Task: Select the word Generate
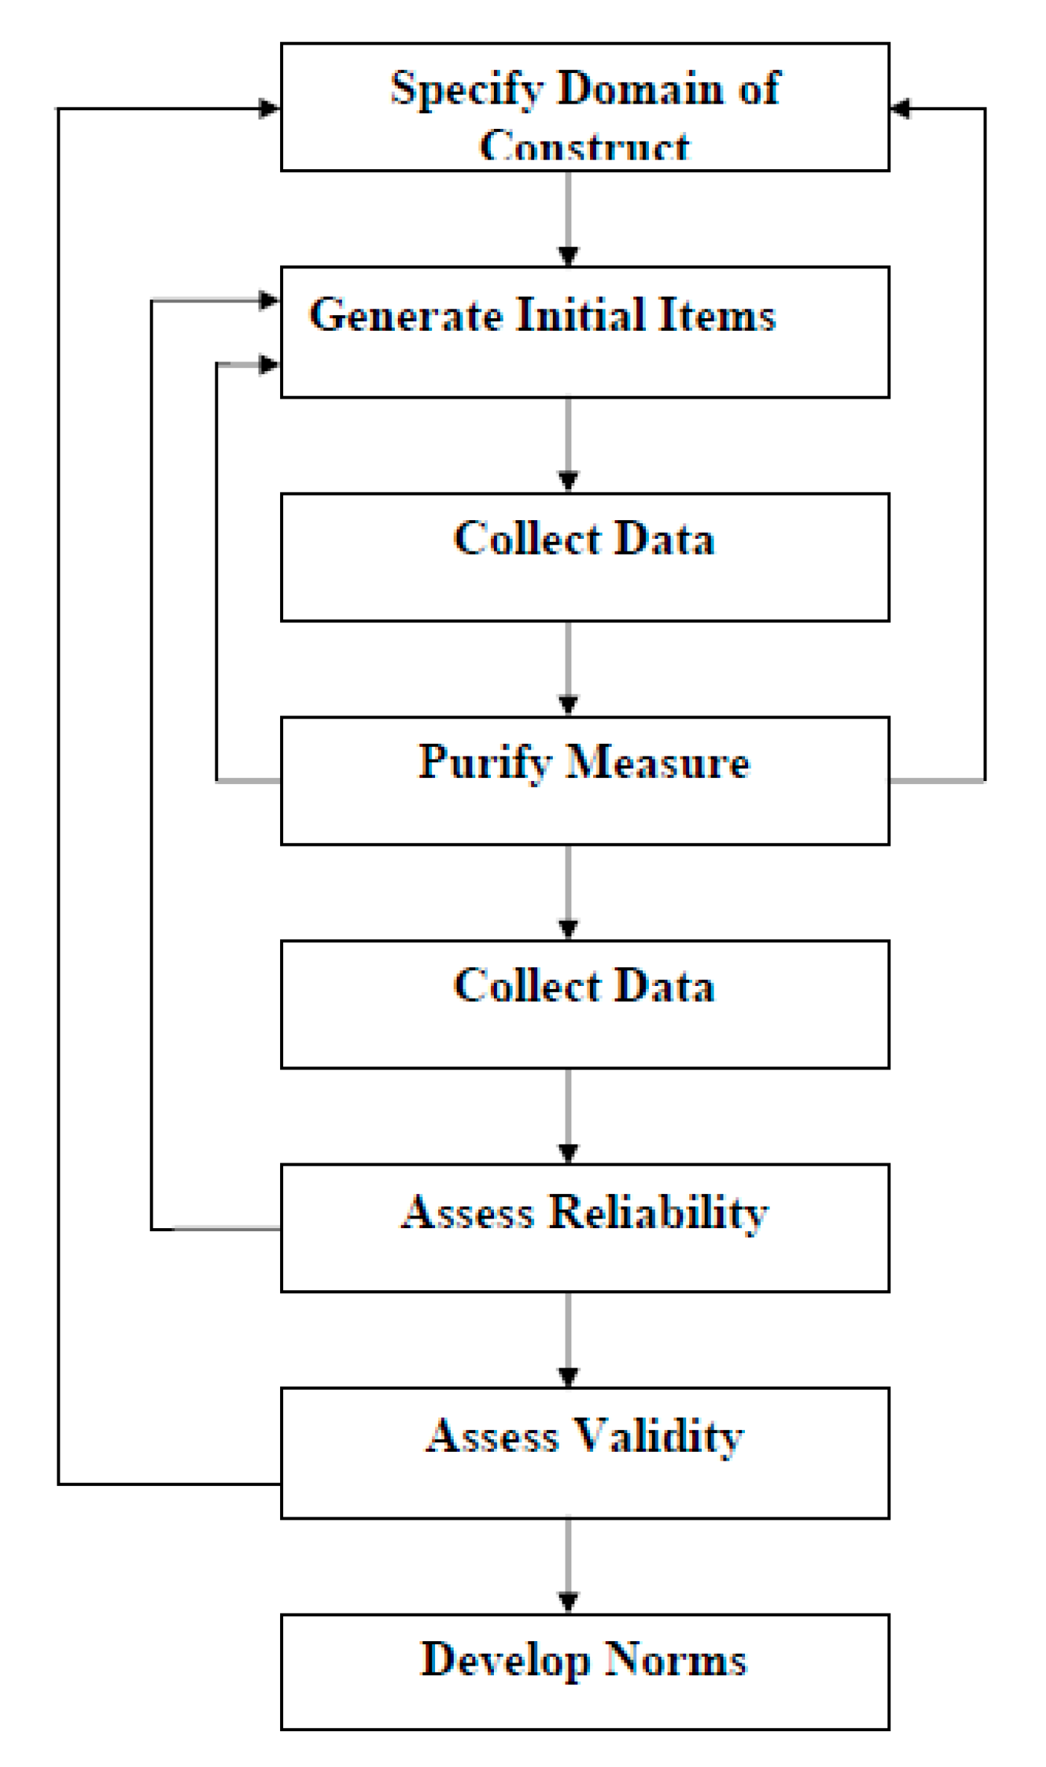point(406,314)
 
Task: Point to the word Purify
point(484,762)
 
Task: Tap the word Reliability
point(658,1212)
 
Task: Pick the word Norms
point(675,1660)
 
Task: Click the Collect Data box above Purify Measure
point(585,557)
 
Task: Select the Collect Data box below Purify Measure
point(585,1004)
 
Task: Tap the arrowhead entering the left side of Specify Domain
point(269,109)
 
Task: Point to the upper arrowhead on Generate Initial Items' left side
point(269,300)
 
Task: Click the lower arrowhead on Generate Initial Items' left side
point(269,364)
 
